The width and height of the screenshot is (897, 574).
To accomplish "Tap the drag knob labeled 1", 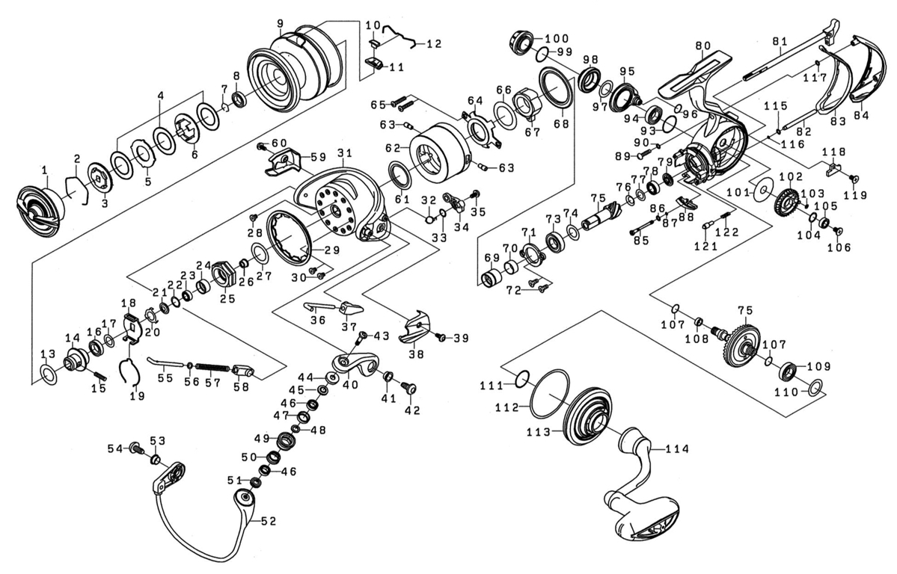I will [x=40, y=210].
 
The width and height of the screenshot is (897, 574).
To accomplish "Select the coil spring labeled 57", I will [x=215, y=367].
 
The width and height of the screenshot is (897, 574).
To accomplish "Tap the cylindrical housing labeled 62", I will [x=438, y=153].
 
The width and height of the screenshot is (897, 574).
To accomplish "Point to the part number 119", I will [x=855, y=195].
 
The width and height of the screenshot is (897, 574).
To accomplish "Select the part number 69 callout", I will [x=492, y=258].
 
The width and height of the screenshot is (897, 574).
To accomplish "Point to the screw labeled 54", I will [x=136, y=448].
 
